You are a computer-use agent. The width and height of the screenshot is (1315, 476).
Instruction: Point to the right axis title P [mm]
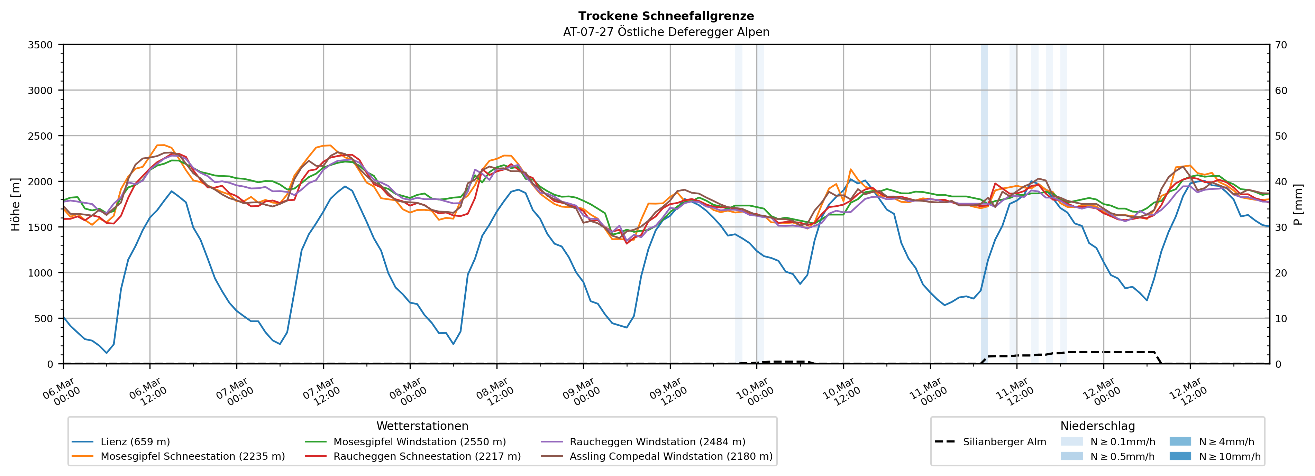[x=1298, y=204]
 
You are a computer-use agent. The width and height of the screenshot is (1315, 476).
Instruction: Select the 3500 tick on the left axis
[x=40, y=45]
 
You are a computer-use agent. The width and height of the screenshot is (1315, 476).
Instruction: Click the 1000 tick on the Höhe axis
[x=40, y=273]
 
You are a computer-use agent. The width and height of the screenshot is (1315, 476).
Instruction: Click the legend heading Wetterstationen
[x=422, y=426]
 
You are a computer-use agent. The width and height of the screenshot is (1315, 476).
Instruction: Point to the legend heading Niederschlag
[x=1097, y=426]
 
